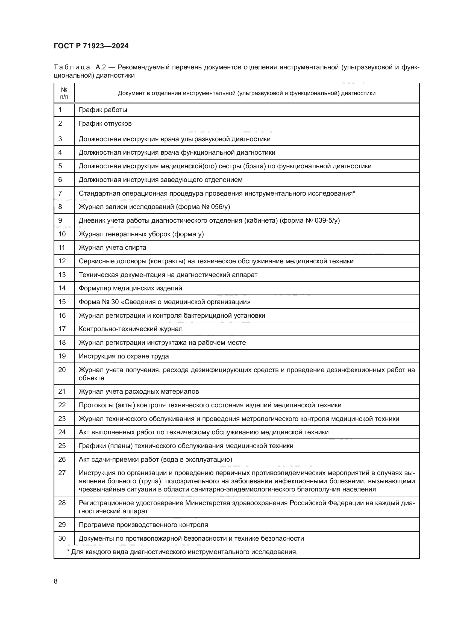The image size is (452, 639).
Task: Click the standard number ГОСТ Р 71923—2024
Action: click(91, 46)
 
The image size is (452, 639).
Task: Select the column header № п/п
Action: click(64, 93)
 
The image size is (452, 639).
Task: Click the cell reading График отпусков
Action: click(105, 123)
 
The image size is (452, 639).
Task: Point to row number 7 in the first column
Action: click(60, 193)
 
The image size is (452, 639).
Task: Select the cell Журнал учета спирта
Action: click(112, 248)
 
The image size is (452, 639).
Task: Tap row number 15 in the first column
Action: click(62, 302)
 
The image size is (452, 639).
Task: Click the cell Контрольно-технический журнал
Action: click(131, 329)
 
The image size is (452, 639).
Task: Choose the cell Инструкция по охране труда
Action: click(124, 356)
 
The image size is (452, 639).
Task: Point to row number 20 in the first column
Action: click(62, 370)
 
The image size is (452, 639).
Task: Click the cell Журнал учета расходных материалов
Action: click(139, 391)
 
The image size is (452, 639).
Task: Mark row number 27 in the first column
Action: click(62, 473)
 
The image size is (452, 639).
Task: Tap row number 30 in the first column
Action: click(62, 538)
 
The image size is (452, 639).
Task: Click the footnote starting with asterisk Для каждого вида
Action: click(182, 552)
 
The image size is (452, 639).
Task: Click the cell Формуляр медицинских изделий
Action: click(130, 288)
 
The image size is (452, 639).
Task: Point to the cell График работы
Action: click(103, 110)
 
